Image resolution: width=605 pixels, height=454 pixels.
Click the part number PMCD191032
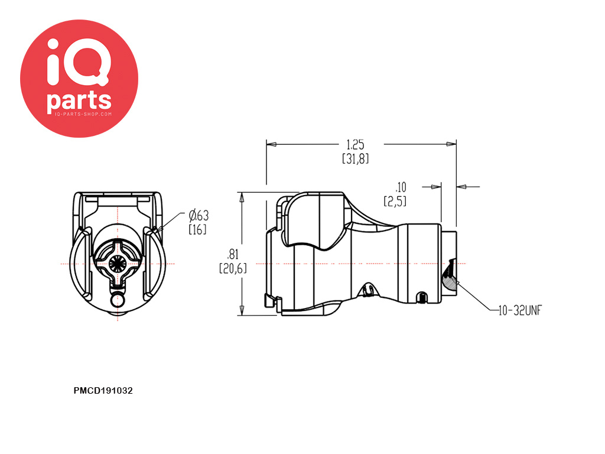pos(103,391)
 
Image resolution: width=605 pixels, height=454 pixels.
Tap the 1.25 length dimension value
pos(355,144)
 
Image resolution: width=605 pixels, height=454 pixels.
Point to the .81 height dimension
pos(233,254)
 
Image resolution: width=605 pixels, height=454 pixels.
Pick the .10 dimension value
pos(401,187)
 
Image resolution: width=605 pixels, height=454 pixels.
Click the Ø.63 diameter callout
pos(199,215)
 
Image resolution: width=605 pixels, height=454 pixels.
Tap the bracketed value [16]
pos(197,229)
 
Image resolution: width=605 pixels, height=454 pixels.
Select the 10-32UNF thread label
pos(520,310)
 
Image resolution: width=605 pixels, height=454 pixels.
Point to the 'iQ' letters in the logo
pos(79,62)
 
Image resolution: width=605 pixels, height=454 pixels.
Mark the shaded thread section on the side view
pos(449,278)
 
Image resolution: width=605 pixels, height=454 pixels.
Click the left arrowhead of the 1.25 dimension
pos(272,144)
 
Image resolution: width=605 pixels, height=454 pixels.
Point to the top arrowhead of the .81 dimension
pos(242,197)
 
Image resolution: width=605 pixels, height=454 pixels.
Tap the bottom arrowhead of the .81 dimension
pos(242,310)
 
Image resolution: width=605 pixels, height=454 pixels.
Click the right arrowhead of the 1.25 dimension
pos(451,144)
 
